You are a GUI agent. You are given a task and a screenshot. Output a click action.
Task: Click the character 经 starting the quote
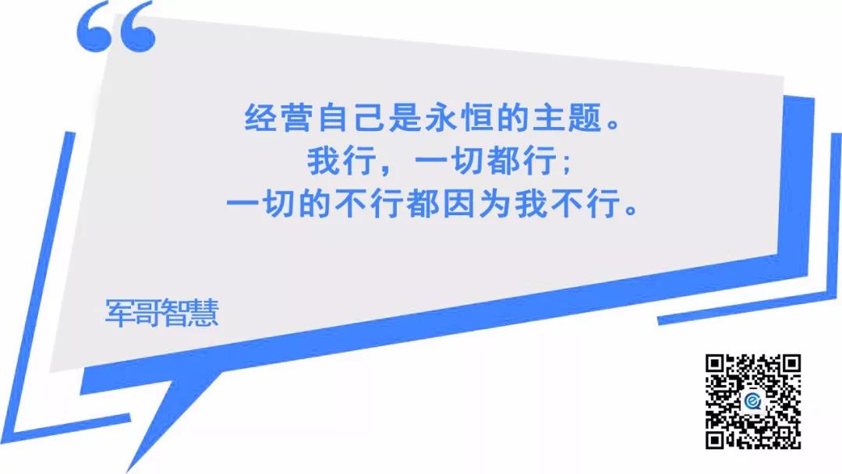click(261, 117)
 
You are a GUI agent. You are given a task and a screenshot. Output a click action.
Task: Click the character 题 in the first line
click(585, 117)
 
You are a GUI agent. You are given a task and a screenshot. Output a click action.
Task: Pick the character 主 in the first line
click(549, 117)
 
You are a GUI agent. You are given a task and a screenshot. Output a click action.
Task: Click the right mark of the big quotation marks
click(137, 27)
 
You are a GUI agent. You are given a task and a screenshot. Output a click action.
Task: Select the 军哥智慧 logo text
click(161, 313)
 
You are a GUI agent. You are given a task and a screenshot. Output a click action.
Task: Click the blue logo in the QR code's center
click(753, 401)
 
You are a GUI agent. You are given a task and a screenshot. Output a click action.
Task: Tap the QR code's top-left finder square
click(716, 366)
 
